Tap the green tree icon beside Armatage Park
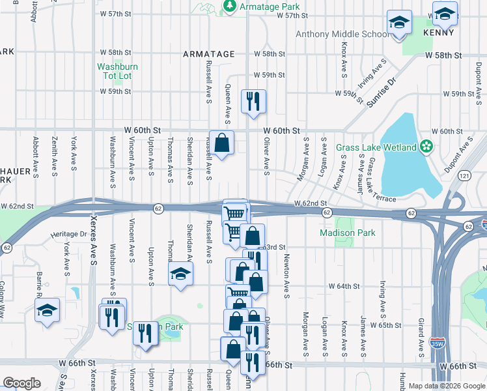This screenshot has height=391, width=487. tap(229, 7)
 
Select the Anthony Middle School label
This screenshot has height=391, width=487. tap(342, 34)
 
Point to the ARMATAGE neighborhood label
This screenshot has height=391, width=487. tap(208, 54)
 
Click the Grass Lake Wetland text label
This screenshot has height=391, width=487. tap(376, 147)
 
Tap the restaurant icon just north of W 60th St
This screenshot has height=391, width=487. tap(254, 101)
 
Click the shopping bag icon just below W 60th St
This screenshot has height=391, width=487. tap(221, 142)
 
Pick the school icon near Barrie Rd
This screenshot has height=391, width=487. tap(48, 310)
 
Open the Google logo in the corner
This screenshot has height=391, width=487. tap(21, 383)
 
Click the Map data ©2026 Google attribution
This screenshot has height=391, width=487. tap(446, 386)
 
